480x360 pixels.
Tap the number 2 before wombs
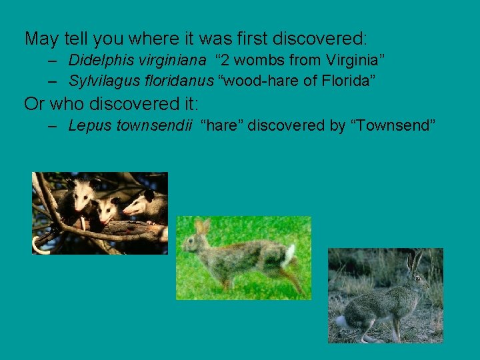pos(226,61)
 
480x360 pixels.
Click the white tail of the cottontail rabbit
pos(290,253)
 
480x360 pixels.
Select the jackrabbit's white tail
pos(341,321)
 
